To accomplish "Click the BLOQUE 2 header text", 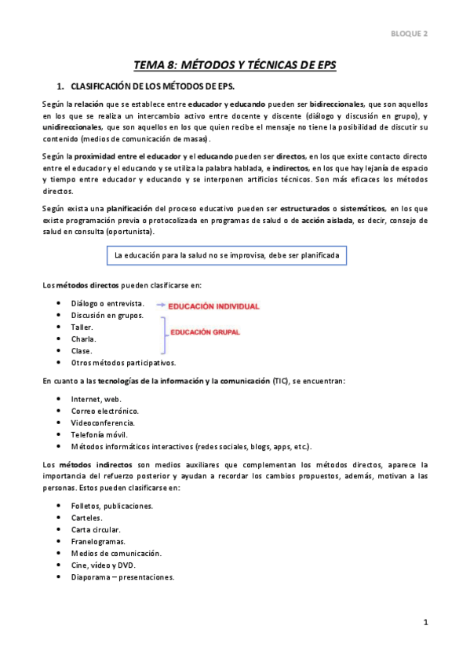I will pyautogui.click(x=410, y=33).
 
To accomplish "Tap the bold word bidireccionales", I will pyautogui.click(x=337, y=104).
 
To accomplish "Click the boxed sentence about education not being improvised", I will pyautogui.click(x=226, y=255).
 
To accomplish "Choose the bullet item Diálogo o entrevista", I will pyautogui.click(x=107, y=303).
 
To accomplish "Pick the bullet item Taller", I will pyautogui.click(x=82, y=327).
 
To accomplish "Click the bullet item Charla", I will pyautogui.click(x=83, y=339).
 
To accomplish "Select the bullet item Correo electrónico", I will pyautogui.click(x=104, y=411).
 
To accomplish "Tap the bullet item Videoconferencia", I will pyautogui.click(x=102, y=423).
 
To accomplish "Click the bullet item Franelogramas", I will pyautogui.click(x=98, y=541).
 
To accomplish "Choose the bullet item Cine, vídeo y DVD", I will pyautogui.click(x=103, y=565).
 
